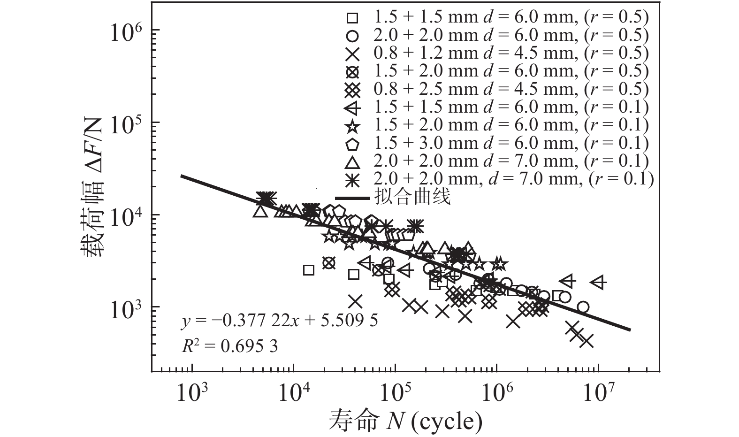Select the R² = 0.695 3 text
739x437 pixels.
229,346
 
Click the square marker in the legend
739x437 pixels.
352,18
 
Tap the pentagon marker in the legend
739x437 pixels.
352,144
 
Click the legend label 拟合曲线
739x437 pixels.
412,197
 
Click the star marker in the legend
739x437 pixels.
352,126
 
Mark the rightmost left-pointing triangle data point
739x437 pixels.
598,282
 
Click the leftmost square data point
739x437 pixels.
308,270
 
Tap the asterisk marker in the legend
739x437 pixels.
352,180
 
